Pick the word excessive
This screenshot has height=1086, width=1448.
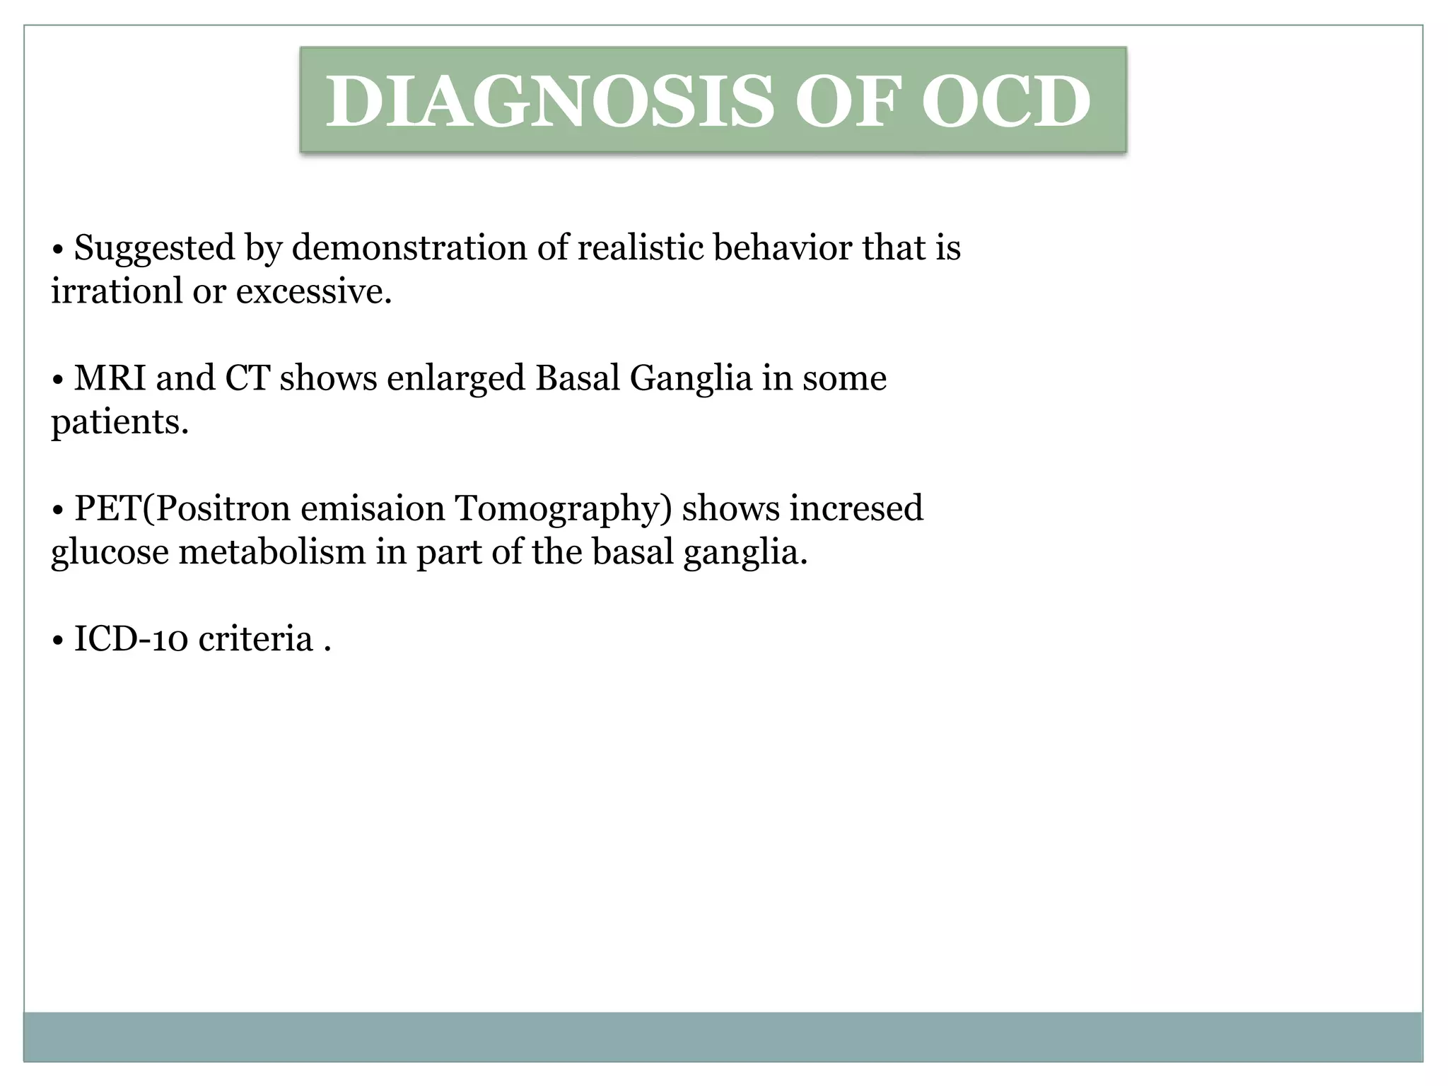click(313, 291)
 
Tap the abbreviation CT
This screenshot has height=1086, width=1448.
click(247, 378)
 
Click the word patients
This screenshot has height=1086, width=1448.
click(119, 423)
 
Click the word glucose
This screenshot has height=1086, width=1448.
click(110, 553)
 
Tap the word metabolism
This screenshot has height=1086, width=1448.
click(272, 552)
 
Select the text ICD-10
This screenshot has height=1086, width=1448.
click(131, 640)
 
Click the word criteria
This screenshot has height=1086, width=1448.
click(255, 640)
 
